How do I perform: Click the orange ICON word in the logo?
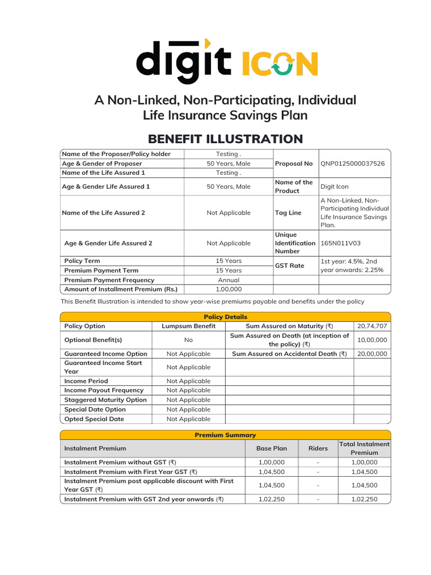(279, 63)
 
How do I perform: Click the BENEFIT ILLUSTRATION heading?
(224, 139)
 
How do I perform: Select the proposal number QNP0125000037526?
(352, 163)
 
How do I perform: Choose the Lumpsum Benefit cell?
(188, 326)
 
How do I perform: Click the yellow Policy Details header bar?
(224, 317)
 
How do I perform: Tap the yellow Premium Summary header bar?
(224, 435)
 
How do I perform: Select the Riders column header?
(318, 448)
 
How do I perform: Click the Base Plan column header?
(271, 448)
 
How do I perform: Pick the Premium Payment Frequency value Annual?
(228, 280)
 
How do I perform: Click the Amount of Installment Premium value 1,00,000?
(228, 289)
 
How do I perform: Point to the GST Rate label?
(290, 266)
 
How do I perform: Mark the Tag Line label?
(288, 213)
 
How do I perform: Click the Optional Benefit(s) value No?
(188, 340)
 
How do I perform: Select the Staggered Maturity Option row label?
(106, 400)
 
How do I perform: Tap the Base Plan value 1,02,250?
(271, 499)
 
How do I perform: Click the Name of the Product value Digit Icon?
(334, 186)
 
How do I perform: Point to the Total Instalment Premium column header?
(364, 448)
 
